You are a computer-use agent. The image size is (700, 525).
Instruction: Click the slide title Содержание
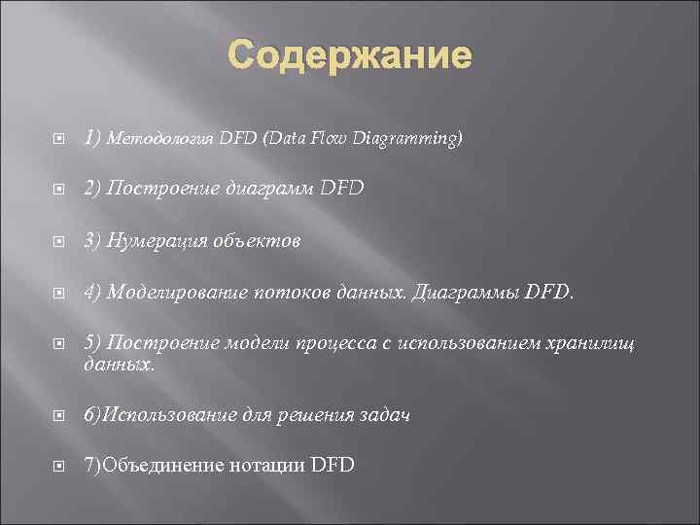point(350,55)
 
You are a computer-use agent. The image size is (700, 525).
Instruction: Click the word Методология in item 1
point(165,140)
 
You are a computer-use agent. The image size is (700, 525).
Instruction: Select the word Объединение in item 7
point(157,466)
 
